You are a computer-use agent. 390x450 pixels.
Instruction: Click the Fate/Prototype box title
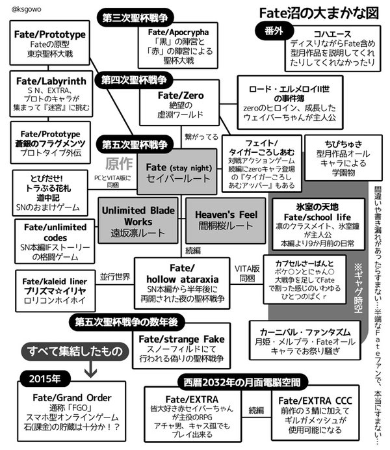(x=49, y=34)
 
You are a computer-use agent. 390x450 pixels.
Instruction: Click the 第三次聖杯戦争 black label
(x=134, y=17)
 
